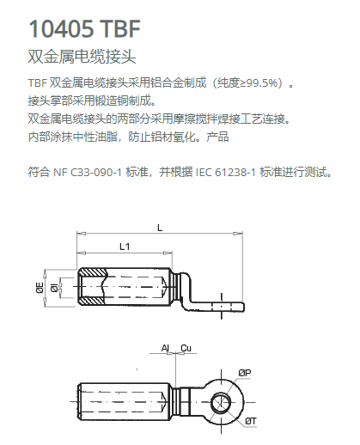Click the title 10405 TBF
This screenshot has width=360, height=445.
click(84, 28)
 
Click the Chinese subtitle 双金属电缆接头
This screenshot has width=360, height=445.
click(82, 56)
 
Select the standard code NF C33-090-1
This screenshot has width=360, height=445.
click(88, 173)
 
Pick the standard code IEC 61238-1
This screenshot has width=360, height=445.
click(226, 173)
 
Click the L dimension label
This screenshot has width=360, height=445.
click(160, 228)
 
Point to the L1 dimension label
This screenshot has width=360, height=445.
click(125, 247)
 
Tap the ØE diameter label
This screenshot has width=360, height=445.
click(40, 288)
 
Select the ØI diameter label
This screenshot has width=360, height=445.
click(54, 288)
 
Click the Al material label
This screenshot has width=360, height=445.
click(165, 348)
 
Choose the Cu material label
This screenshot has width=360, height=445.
click(186, 348)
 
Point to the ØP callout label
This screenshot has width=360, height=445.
click(245, 373)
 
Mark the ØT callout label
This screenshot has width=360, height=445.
click(251, 421)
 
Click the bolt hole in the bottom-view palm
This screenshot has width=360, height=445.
click(221, 402)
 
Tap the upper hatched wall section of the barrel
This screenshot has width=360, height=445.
click(92, 272)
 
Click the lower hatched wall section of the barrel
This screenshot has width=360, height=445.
click(92, 301)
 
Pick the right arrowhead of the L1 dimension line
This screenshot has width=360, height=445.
click(168, 253)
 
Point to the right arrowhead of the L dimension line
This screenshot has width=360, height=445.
click(238, 234)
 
